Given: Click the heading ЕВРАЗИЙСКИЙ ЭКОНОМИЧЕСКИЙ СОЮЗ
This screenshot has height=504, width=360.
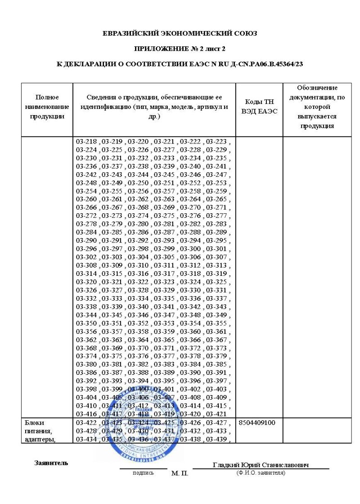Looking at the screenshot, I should coord(180,34).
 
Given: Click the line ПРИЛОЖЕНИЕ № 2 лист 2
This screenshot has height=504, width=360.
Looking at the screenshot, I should coord(180,49).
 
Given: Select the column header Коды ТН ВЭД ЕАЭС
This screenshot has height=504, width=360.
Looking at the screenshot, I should coord(259,106).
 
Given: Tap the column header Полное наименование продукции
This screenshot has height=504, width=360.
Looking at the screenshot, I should coord(46,107).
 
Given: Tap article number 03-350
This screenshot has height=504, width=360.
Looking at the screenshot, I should coord(87,323).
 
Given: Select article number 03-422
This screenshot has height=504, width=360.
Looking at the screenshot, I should coord(87,423).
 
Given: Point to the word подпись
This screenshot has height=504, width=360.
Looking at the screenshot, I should coord(143,473).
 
